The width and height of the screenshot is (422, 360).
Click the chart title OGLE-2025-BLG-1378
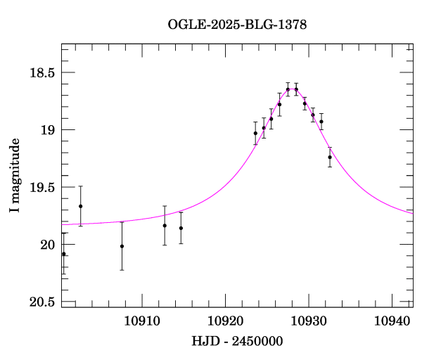(237, 25)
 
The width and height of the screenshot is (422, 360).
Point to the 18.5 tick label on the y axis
(42, 73)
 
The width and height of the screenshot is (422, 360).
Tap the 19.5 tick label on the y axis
(42, 188)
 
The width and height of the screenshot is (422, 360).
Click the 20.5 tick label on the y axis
(42, 302)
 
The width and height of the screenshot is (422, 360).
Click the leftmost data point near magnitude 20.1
(64, 254)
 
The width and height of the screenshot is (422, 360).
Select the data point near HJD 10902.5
(81, 206)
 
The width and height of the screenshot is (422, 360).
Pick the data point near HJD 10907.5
(122, 246)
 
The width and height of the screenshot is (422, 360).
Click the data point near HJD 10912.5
(165, 226)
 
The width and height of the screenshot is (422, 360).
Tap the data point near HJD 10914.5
(181, 228)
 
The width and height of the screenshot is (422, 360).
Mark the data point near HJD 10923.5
(255, 133)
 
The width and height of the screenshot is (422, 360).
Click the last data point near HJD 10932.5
(330, 157)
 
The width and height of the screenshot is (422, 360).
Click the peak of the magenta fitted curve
(292, 89)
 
